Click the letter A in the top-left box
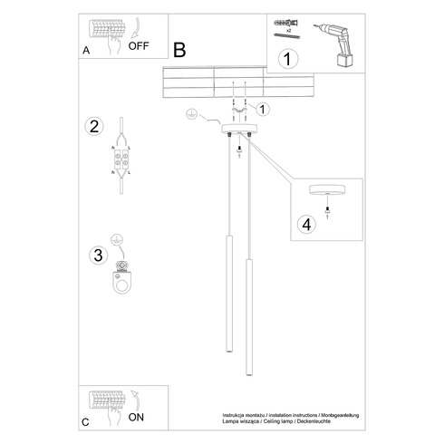(x=86, y=53)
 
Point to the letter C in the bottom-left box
(x=86, y=421)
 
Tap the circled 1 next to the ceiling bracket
(x=264, y=111)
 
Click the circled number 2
(x=93, y=126)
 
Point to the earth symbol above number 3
(x=116, y=239)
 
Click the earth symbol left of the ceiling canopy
(x=191, y=115)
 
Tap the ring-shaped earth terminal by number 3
(x=121, y=280)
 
